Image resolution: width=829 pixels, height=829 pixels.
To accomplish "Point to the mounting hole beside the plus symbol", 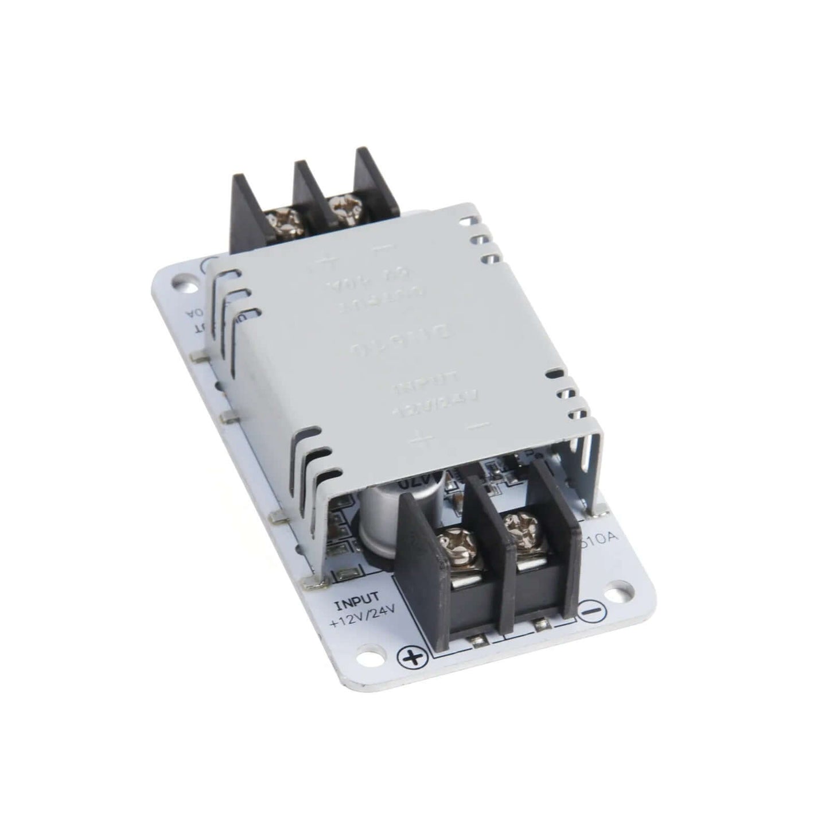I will [x=377, y=655].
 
